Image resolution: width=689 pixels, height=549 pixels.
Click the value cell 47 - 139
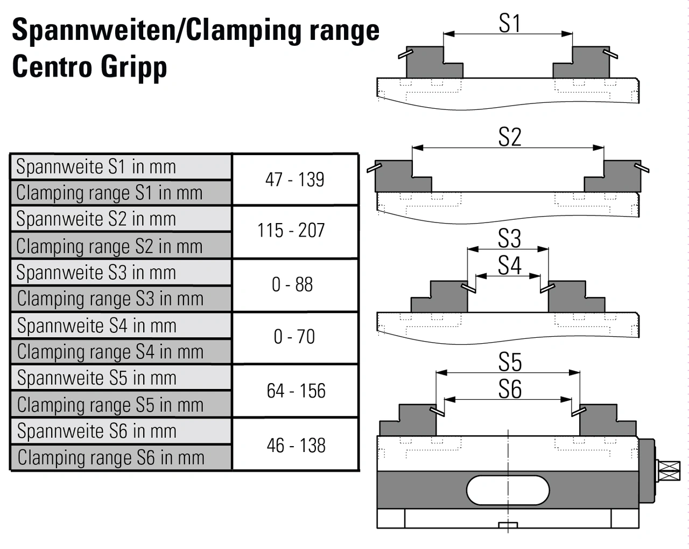click(x=294, y=179)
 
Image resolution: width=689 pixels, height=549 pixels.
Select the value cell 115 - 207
click(x=291, y=231)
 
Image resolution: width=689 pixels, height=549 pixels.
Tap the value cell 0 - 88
click(x=292, y=284)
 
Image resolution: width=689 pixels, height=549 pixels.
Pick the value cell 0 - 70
click(x=294, y=337)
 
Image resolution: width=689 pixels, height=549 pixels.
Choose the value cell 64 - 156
click(x=296, y=391)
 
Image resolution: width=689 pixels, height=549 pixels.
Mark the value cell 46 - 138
click(x=296, y=446)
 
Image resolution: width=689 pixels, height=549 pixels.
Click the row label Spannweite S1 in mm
click(x=96, y=167)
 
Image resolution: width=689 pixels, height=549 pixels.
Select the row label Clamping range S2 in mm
click(x=109, y=246)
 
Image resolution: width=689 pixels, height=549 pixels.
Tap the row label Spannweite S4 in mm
click(x=97, y=326)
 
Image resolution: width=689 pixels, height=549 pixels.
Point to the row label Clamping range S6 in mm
click(x=111, y=458)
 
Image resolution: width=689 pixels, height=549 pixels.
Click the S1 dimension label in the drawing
click(x=509, y=23)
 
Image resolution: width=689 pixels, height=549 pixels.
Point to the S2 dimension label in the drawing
click(x=509, y=137)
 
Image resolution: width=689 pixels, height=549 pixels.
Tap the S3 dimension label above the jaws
click(x=509, y=238)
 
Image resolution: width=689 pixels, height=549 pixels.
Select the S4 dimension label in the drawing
click(x=509, y=265)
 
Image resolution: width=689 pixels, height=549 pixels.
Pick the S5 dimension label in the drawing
click(x=509, y=362)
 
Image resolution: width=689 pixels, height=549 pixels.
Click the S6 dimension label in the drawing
click(x=509, y=389)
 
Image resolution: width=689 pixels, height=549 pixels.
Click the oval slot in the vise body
click(x=508, y=490)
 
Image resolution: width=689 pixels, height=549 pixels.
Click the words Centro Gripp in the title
click(x=89, y=67)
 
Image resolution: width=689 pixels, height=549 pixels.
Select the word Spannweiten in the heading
click(x=94, y=30)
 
